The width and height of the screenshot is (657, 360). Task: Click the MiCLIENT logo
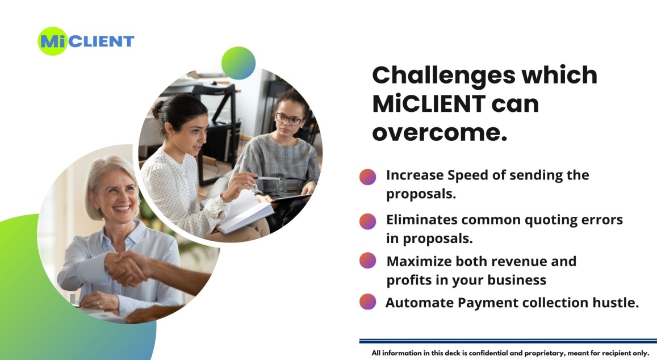pyautogui.click(x=86, y=41)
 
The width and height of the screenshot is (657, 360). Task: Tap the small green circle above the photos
pyautogui.click(x=238, y=63)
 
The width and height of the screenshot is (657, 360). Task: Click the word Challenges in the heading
pyautogui.click(x=443, y=76)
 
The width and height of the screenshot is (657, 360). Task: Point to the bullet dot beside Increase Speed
pyautogui.click(x=367, y=177)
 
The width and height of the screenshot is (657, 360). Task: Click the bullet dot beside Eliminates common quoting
pyautogui.click(x=367, y=221)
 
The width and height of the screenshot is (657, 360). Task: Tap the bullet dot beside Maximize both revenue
pyautogui.click(x=367, y=261)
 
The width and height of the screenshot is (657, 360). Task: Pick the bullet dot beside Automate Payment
pyautogui.click(x=367, y=302)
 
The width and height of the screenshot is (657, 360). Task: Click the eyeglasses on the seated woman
pyautogui.click(x=288, y=119)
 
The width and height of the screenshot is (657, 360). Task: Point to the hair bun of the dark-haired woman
pyautogui.click(x=158, y=109)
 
